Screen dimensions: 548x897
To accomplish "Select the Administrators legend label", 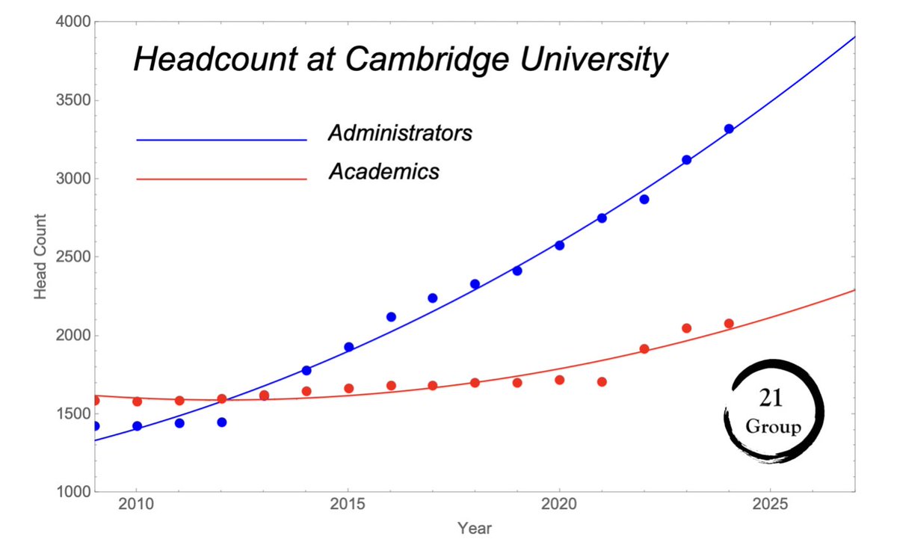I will click(x=400, y=134).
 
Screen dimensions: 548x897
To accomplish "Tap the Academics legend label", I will click(x=383, y=172).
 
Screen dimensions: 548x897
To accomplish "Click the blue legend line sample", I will click(x=222, y=140).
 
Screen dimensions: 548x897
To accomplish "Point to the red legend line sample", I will click(x=222, y=179).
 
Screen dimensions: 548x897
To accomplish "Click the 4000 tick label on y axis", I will click(x=73, y=22).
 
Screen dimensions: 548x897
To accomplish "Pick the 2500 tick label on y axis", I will click(x=73, y=257).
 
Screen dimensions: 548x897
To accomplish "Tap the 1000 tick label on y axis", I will click(x=73, y=492).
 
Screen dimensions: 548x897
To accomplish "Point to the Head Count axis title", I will click(x=41, y=257).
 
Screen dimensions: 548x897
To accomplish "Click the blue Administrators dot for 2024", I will click(x=729, y=129).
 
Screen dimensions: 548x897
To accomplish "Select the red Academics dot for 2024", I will click(x=729, y=324).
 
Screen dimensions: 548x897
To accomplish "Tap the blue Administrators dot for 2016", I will click(x=391, y=317).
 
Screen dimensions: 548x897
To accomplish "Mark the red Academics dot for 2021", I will click(x=602, y=382).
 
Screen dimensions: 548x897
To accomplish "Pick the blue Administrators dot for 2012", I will click(x=221, y=422).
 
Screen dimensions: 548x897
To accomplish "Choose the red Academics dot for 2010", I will click(x=137, y=401).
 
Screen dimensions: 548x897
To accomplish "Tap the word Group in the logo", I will click(x=773, y=428).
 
